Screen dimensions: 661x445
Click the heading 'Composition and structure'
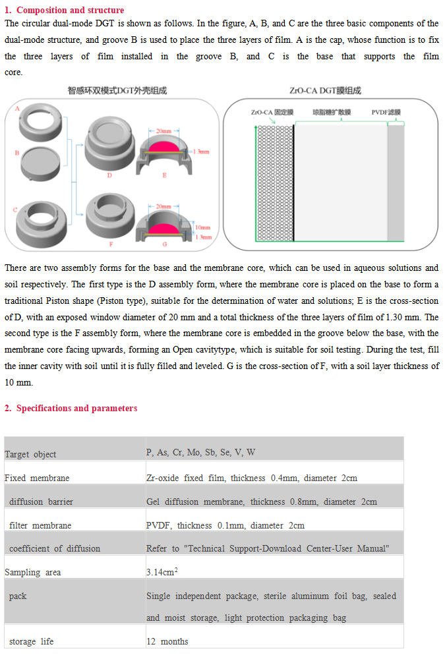(70, 10)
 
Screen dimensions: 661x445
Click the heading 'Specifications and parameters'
(76, 409)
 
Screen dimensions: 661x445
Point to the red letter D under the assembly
(109, 175)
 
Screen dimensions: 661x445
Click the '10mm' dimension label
(203, 227)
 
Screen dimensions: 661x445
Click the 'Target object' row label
(30, 454)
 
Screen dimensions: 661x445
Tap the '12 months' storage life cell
(167, 641)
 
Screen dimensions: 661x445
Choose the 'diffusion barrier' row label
(41, 502)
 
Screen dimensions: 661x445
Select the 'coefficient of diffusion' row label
(55, 548)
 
